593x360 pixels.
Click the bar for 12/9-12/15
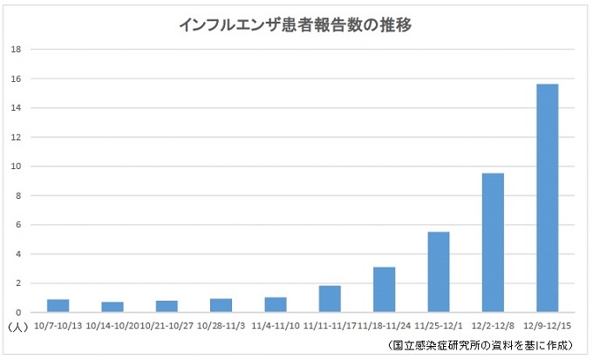click(x=547, y=198)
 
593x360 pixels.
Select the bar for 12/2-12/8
click(x=493, y=242)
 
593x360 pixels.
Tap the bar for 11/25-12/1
click(x=439, y=272)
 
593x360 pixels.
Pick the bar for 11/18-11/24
click(x=384, y=289)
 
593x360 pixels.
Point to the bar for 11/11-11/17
click(x=330, y=299)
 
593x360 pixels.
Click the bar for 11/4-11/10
click(x=276, y=305)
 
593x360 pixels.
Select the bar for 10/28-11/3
click(x=221, y=306)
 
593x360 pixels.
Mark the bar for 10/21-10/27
click(x=167, y=307)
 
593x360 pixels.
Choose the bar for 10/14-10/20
click(x=112, y=308)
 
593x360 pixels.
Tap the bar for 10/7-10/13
click(x=58, y=306)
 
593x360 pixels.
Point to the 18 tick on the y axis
click(x=16, y=50)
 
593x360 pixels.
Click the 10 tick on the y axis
click(x=16, y=166)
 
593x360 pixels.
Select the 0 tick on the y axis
click(x=18, y=312)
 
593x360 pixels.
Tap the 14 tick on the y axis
click(x=16, y=108)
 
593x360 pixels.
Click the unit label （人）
click(x=17, y=328)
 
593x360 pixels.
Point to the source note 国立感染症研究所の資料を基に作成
click(x=485, y=346)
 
